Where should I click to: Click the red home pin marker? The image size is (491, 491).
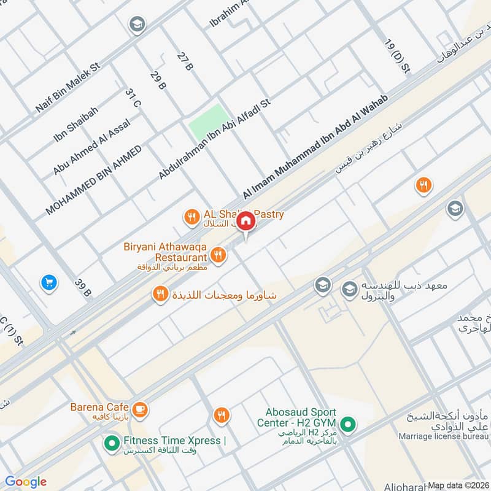click(246, 222)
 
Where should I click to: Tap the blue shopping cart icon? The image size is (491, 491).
click(48, 282)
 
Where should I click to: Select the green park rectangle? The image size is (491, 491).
click(207, 122)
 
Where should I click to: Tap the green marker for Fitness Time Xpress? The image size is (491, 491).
click(112, 441)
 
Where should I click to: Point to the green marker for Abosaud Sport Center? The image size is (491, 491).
click(347, 424)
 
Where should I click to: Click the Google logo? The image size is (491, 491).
click(26, 481)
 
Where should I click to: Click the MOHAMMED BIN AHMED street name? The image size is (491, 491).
click(93, 180)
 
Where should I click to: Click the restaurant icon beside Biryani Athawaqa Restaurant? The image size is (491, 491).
click(217, 253)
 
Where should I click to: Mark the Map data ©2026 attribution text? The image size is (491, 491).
click(458, 485)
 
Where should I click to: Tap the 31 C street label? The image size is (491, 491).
click(133, 99)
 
